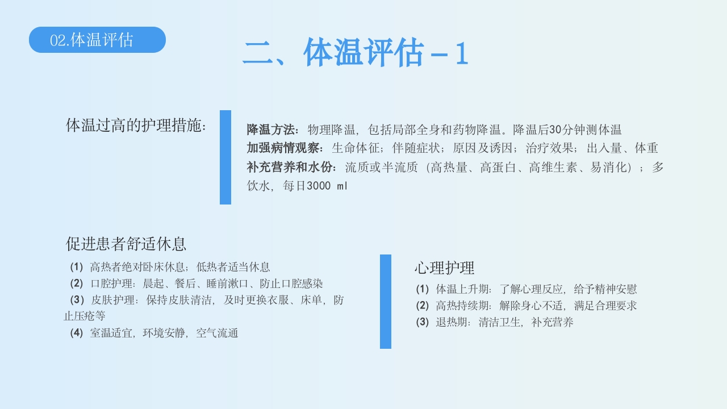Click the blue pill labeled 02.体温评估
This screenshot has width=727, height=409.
[x=97, y=40]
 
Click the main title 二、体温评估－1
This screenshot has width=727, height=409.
[x=356, y=53]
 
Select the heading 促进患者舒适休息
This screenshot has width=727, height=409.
[x=126, y=244]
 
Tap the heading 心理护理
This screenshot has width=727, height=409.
[x=444, y=267]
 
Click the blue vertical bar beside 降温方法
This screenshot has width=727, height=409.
[x=225, y=157]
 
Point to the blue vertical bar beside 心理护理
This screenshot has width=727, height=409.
[x=386, y=301]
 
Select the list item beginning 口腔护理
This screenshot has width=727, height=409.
[x=197, y=283]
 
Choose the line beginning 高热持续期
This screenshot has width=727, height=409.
[x=527, y=306]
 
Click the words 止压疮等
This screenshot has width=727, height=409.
[x=85, y=316]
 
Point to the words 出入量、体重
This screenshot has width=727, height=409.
[x=622, y=148]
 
